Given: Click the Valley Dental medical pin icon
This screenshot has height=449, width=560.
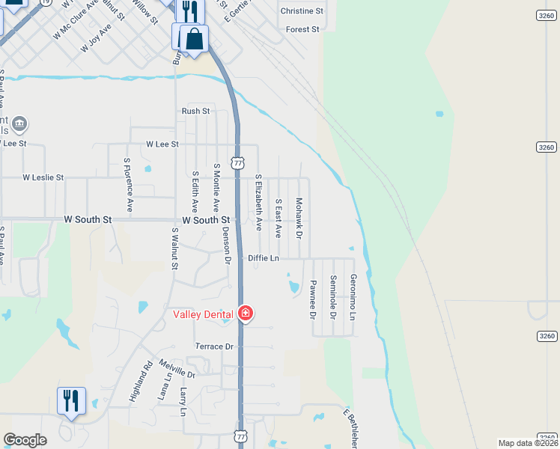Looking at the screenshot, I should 245,314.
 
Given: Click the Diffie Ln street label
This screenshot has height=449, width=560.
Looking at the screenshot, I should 264,258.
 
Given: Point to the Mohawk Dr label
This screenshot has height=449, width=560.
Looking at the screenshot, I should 299,219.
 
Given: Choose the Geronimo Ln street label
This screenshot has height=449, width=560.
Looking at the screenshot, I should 353,294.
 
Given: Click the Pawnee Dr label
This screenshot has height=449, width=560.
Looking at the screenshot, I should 313,299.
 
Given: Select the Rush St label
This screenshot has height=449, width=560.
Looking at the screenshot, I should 196,111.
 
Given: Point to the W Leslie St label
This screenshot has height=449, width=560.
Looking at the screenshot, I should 43,178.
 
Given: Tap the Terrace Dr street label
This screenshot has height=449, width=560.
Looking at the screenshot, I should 214,346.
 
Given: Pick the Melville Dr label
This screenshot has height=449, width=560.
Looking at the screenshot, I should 177,368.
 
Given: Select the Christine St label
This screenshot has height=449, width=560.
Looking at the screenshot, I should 302,11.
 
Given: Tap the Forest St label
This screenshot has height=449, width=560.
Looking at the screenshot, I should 302,29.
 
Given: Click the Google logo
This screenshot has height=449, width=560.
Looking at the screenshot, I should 25,440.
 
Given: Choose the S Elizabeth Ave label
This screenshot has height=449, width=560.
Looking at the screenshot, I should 258,202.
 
